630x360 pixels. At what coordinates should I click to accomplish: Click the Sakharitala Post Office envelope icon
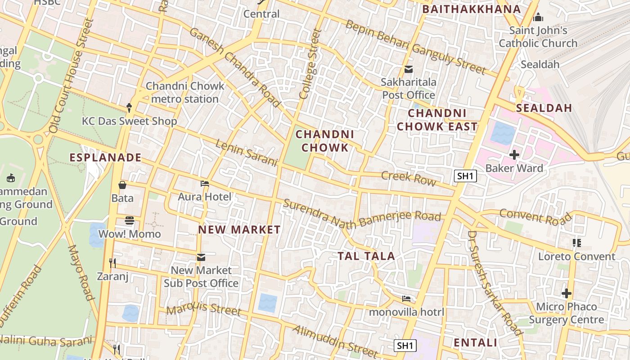pos(409,69)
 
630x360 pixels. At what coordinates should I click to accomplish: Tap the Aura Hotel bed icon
pos(205,184)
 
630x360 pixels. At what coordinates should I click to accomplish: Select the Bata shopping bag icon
pos(122,185)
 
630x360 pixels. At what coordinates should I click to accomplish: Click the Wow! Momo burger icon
pos(130,220)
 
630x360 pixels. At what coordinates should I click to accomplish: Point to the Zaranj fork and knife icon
pos(112,263)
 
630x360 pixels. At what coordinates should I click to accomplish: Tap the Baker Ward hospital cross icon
pos(514,155)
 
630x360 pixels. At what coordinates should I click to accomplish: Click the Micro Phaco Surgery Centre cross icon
pos(566,294)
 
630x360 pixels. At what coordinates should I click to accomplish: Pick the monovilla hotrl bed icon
pos(406,299)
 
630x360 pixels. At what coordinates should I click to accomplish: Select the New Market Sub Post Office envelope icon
pos(201,257)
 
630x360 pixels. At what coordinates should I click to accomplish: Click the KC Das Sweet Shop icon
pos(129,108)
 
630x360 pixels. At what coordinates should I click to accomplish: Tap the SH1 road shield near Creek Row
pos(465,176)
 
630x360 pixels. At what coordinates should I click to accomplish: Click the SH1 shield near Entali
pos(405,346)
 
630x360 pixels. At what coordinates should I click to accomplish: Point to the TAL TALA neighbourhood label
pos(366,256)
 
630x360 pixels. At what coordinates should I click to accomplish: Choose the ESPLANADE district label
pos(105,157)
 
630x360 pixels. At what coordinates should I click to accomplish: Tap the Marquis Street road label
pos(204,309)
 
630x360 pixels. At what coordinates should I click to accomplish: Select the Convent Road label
pos(535,216)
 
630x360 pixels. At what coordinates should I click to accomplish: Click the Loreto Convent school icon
pos(577,243)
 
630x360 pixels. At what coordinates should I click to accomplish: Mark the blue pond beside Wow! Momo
pos(97,235)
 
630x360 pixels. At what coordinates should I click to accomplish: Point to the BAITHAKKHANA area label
pos(472,9)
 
